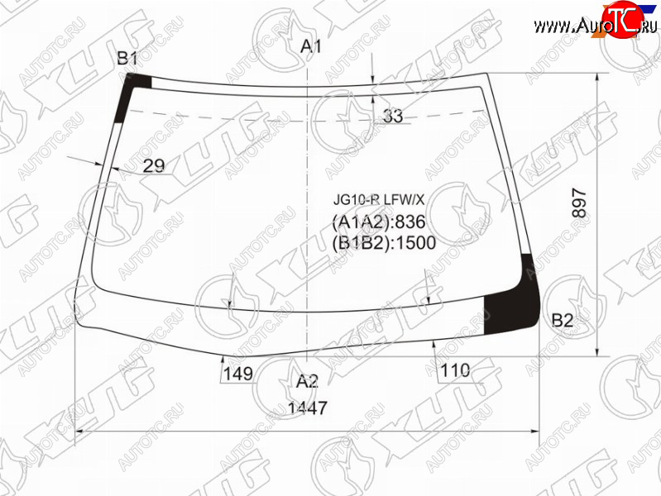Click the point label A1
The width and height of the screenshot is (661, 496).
pos(311,46)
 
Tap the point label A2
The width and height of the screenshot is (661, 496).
pos(307,381)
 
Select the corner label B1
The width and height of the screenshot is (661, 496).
pos(127,58)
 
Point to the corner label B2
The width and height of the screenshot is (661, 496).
pos(563,321)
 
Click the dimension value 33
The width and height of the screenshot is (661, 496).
pos(393,116)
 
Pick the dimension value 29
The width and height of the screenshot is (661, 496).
pos(153,166)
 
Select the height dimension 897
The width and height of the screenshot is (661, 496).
pos(580,203)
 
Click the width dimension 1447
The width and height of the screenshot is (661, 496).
pos(307,408)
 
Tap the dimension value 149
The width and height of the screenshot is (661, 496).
pos(237,374)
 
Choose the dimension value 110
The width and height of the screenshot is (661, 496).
pos(455,371)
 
